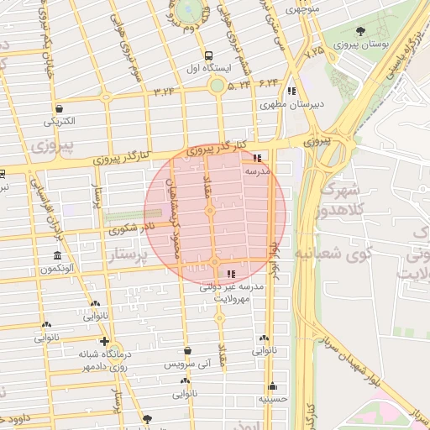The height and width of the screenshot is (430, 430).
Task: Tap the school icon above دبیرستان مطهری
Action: [x=291, y=92]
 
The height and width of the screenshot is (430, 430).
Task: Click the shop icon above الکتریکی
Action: [x=60, y=108]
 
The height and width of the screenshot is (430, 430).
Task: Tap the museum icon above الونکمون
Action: [x=57, y=255]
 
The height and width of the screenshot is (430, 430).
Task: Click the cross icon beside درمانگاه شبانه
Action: [x=103, y=341]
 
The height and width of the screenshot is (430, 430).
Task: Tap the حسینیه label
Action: [x=274, y=400]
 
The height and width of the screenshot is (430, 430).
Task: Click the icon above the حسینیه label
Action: [x=273, y=387]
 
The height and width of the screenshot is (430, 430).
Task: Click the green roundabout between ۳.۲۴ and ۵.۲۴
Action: [x=217, y=85]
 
